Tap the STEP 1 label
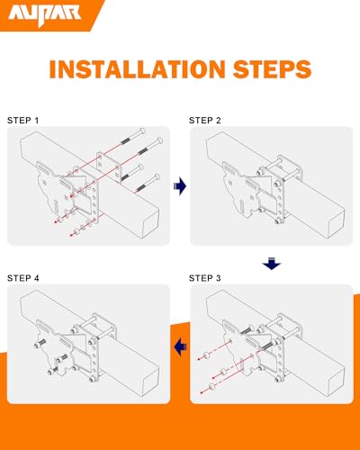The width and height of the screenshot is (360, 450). point(24,120)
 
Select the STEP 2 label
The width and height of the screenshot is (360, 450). point(207,119)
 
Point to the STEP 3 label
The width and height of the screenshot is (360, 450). point(207,277)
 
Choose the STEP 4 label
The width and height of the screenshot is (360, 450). point(24,277)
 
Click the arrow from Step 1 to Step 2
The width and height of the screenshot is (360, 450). point(180,186)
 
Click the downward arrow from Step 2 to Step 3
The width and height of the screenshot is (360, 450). point(271,264)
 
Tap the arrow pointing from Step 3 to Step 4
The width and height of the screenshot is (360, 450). point(180,343)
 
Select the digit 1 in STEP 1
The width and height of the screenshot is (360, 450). point(38,120)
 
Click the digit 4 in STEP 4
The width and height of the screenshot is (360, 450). point(37,277)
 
